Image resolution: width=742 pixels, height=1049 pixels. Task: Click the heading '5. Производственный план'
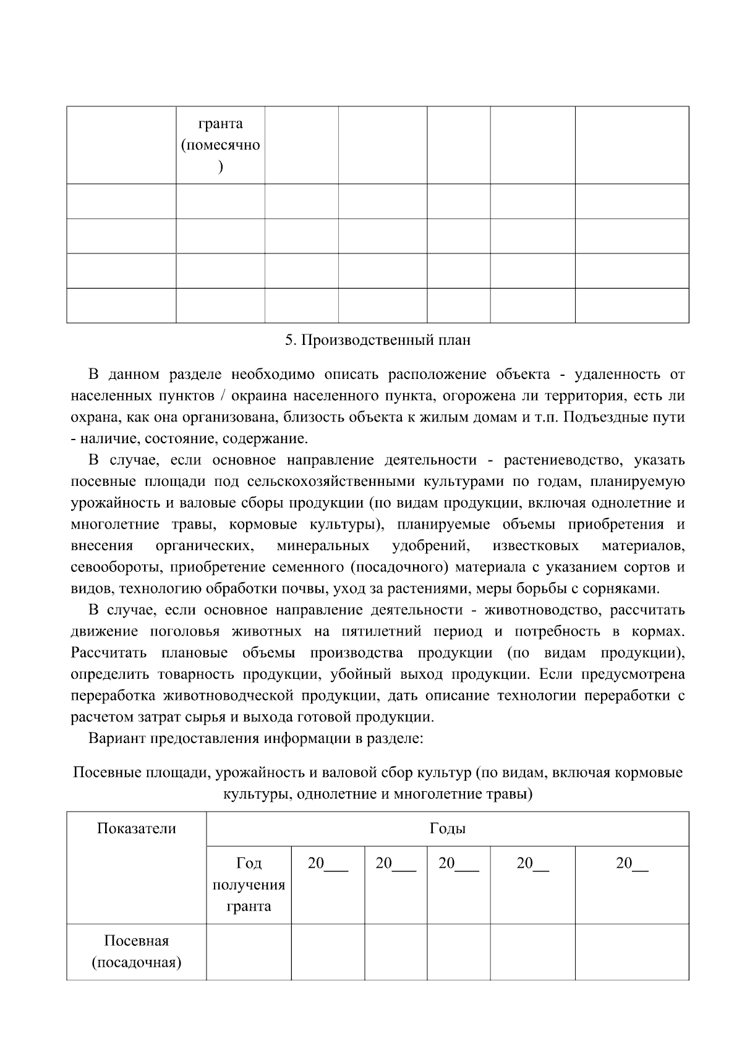[x=377, y=340]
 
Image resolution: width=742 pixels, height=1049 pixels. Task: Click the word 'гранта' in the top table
[x=220, y=124]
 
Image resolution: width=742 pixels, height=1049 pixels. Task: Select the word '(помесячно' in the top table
[x=220, y=145]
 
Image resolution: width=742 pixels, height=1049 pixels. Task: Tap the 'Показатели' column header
[x=136, y=828]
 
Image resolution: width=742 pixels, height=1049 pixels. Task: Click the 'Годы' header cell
[x=447, y=828]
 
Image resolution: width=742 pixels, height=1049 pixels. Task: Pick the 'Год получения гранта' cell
[x=249, y=885]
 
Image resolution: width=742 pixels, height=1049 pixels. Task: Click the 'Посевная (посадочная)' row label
[x=136, y=952]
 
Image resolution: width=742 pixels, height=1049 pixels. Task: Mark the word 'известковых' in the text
[x=535, y=546]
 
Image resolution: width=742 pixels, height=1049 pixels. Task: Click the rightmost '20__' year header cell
[x=632, y=864]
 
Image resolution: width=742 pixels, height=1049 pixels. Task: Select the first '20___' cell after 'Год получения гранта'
[x=328, y=864]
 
